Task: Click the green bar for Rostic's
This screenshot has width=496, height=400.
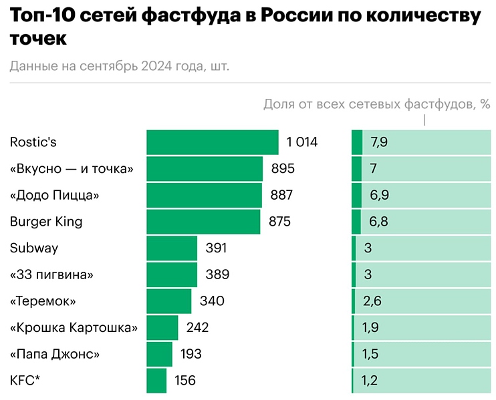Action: pos(213,142)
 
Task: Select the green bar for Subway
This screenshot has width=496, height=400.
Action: pos(172,248)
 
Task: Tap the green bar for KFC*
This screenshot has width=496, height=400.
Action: pos(156,381)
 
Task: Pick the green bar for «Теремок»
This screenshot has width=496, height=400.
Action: pos(169,301)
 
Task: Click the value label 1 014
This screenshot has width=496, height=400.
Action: pos(302,142)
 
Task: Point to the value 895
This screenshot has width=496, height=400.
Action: pos(283,169)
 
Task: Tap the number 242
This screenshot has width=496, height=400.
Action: pos(198,328)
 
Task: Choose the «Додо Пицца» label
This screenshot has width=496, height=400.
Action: pos(55,195)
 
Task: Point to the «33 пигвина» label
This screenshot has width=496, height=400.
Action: pos(51,274)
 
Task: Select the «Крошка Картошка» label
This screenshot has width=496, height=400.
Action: pos(74,328)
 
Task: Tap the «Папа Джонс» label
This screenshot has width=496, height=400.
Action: pos(55,354)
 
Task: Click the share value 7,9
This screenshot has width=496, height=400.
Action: pos(379,142)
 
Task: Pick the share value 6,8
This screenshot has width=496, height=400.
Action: pos(379,222)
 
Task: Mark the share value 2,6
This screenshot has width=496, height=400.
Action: pos(372,301)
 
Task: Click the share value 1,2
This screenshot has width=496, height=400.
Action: pos(370,381)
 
